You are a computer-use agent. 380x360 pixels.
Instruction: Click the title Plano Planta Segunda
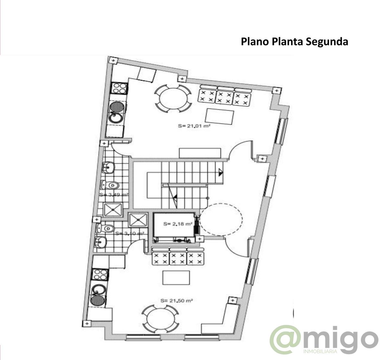pyautogui.click(x=294, y=42)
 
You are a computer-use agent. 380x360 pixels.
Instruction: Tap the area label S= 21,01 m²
pyautogui.click(x=194, y=126)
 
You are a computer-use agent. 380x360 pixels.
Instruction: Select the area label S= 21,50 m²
pyautogui.click(x=177, y=300)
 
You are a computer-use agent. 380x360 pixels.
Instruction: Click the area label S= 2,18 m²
pyautogui.click(x=178, y=224)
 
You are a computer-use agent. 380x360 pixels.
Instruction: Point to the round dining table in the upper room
pyautogui.click(x=173, y=98)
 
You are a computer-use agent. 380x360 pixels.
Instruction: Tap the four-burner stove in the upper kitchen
pyautogui.click(x=119, y=88)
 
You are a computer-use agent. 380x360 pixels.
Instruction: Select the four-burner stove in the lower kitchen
pyautogui.click(x=100, y=274)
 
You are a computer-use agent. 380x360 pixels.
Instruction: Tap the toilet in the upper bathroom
pyautogui.click(x=111, y=185)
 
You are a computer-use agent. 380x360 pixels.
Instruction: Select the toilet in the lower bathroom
pyautogui.click(x=107, y=228)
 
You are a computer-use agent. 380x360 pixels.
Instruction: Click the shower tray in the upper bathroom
pyautogui.click(x=113, y=209)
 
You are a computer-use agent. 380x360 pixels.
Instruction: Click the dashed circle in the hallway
pyautogui.click(x=221, y=219)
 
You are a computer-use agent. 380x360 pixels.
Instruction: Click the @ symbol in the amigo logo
pyautogui.click(x=285, y=340)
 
